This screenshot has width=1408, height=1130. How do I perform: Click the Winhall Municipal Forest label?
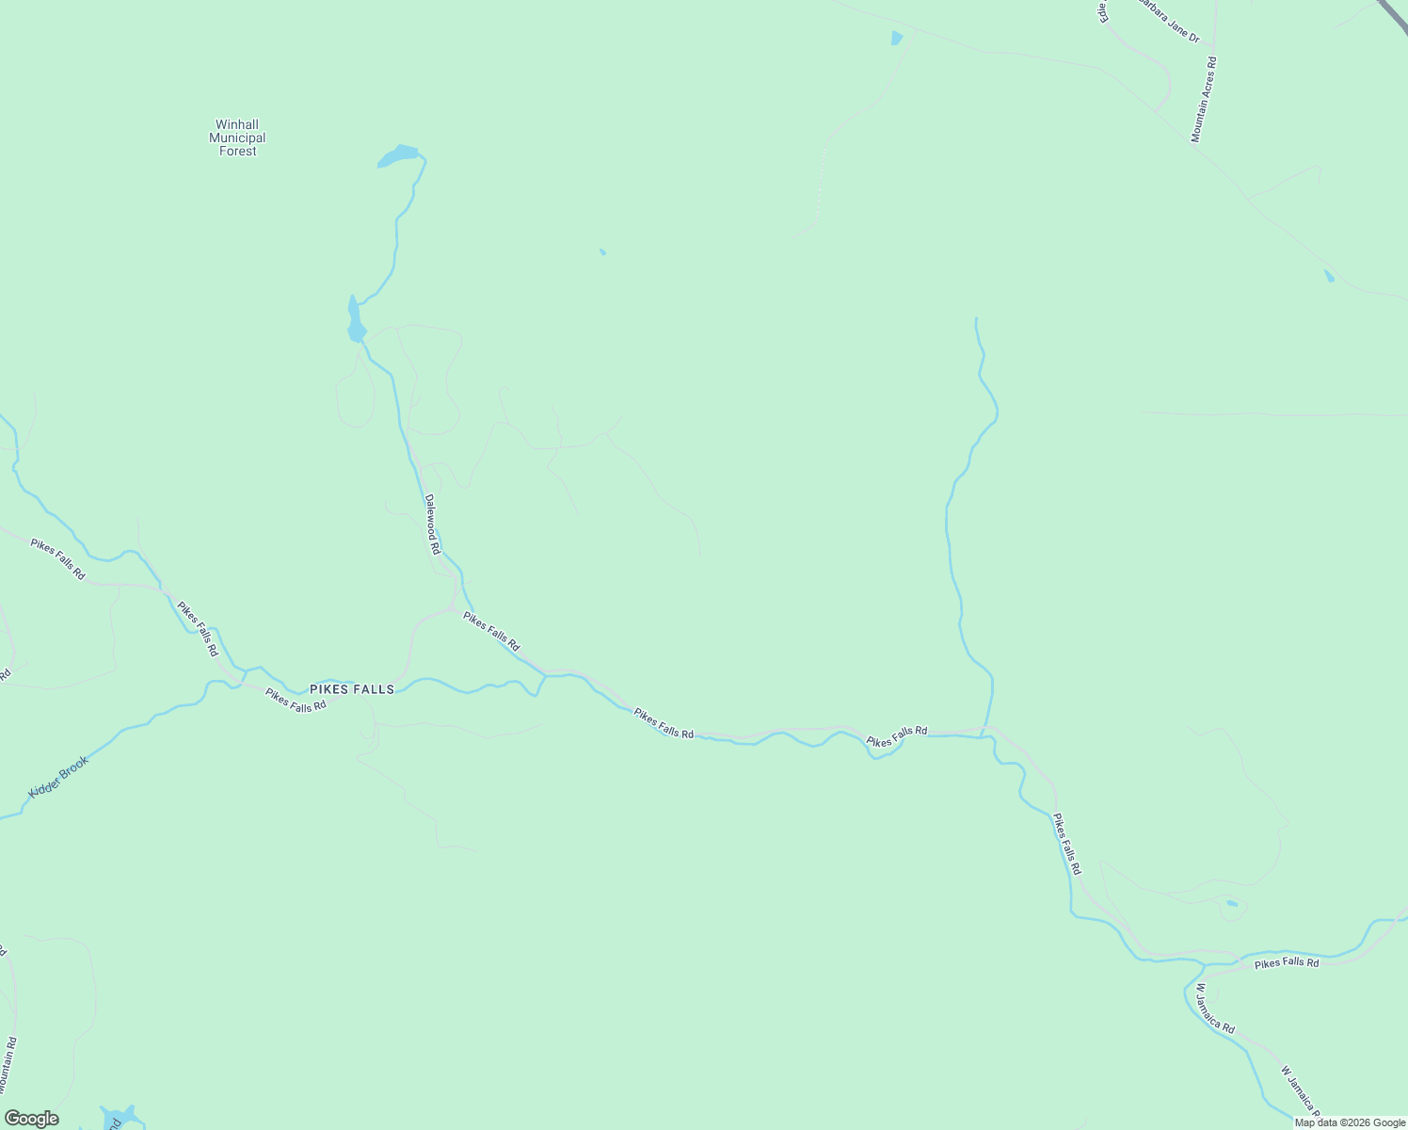(237, 137)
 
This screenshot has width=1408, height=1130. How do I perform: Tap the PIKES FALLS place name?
(352, 689)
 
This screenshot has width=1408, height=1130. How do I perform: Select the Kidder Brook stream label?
(58, 777)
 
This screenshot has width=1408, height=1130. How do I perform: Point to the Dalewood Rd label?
(432, 525)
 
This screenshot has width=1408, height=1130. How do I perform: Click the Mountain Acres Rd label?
(1204, 100)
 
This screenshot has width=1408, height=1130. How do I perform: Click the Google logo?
(31, 1119)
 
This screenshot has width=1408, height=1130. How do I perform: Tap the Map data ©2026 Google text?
(1350, 1122)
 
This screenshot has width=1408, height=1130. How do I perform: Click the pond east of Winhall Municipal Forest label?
(399, 156)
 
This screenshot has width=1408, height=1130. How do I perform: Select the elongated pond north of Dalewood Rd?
(355, 319)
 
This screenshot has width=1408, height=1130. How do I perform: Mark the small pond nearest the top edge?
(896, 39)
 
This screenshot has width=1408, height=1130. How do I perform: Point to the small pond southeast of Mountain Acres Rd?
(1329, 276)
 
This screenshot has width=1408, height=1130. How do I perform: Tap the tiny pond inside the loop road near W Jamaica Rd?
(1232, 904)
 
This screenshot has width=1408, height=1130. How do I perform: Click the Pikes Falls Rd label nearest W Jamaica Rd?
(1287, 962)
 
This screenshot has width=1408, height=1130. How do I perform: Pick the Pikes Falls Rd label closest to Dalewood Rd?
(490, 631)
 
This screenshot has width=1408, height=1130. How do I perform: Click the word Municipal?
(237, 137)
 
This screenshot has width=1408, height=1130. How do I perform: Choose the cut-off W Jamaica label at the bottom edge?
(1300, 1088)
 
